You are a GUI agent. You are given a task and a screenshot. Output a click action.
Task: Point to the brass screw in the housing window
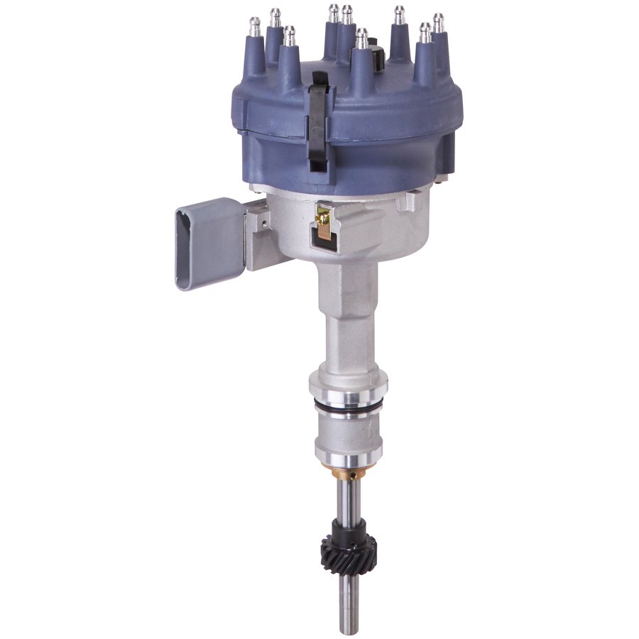(x=324, y=217)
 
